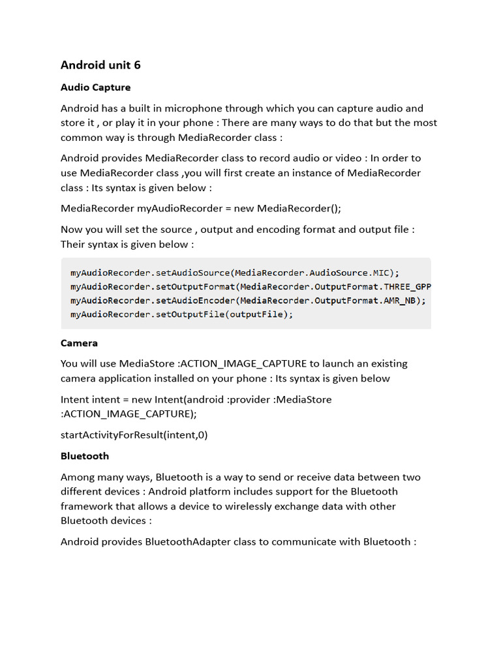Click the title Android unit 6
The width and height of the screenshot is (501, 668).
100,65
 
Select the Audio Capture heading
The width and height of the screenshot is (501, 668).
95,87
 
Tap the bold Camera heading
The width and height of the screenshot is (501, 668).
79,343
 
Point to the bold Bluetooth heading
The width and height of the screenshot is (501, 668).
85,456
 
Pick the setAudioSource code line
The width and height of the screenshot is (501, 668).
234,273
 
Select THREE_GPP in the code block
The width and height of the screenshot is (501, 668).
408,286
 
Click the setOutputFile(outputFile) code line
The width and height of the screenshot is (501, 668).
182,314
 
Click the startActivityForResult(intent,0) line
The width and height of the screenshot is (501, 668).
134,434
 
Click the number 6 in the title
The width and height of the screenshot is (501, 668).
137,65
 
